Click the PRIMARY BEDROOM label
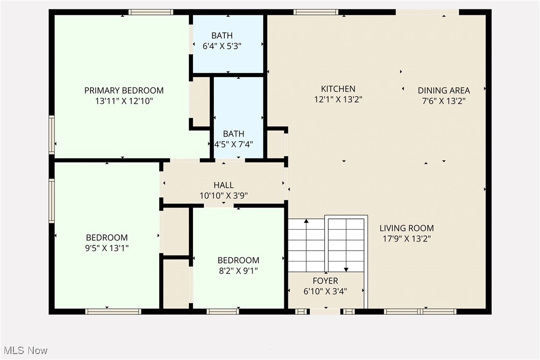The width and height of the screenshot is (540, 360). click(124, 90)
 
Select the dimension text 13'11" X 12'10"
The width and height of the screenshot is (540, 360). click(124, 101)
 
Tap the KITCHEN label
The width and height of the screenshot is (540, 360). click(338, 89)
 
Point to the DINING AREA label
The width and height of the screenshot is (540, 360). click(444, 90)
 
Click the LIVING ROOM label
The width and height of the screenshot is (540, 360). click(406, 228)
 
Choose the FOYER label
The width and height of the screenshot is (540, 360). click(325, 281)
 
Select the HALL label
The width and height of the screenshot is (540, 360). click(223, 185)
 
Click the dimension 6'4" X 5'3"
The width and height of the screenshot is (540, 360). click(222, 46)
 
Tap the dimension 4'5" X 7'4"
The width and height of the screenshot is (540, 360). click(233, 145)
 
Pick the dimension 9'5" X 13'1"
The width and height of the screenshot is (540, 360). click(107, 248)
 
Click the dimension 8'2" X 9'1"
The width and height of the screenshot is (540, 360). click(238, 271)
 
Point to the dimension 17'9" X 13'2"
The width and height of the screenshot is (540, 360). click(406, 239)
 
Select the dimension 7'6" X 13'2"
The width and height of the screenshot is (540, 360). click(444, 101)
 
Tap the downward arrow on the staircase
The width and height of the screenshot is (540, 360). click(346, 269)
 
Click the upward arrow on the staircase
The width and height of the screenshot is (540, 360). click(306, 221)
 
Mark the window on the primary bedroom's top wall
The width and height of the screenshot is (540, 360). click(151, 12)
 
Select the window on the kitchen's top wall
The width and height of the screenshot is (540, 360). click(316, 12)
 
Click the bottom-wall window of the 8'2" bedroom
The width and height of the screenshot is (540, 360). click(223, 312)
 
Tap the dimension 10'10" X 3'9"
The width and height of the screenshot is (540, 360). click(223, 196)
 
